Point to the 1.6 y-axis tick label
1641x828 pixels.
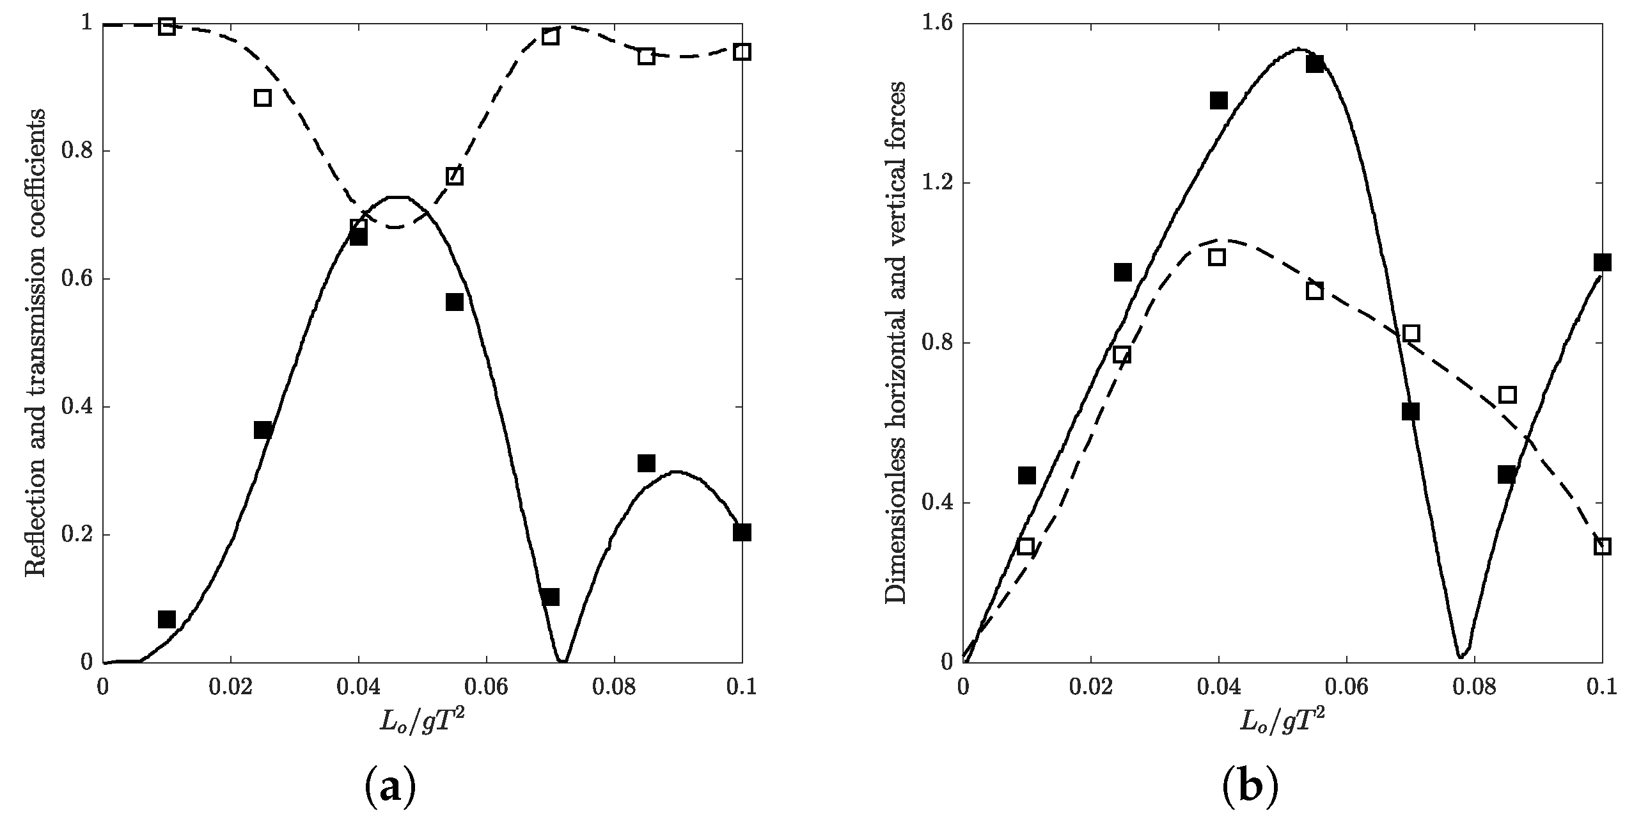(x=936, y=24)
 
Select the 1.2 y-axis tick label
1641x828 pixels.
(x=936, y=184)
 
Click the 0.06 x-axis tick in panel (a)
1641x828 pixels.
(x=486, y=688)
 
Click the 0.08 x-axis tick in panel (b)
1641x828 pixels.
(x=1474, y=688)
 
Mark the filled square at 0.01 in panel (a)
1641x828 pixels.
(x=167, y=619)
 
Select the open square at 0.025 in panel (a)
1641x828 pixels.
(x=262, y=98)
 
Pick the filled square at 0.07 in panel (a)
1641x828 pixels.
(x=550, y=596)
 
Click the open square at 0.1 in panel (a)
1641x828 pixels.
(x=742, y=52)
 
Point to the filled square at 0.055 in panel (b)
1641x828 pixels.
(x=1315, y=64)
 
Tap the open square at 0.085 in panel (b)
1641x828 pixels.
(x=1507, y=395)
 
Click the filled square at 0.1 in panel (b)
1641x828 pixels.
(x=1602, y=262)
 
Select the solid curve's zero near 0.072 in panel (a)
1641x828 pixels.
(x=562, y=660)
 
